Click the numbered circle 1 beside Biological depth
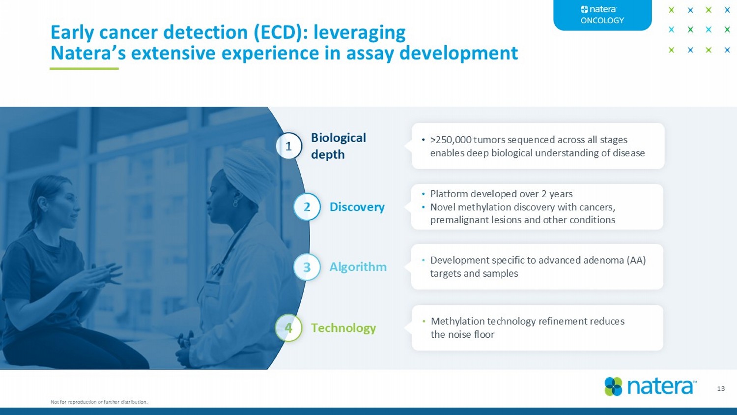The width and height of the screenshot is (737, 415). click(288, 146)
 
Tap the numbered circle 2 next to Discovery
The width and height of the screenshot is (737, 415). click(307, 207)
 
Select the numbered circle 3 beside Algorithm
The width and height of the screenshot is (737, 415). click(307, 267)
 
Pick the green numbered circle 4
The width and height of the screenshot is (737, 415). click(288, 327)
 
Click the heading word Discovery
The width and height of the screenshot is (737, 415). click(357, 207)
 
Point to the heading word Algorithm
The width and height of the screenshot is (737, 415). click(358, 267)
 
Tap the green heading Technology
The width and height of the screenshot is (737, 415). click(343, 328)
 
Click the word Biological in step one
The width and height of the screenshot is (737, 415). click(339, 138)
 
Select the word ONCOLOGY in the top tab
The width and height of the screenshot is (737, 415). click(602, 21)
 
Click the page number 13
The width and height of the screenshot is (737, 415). click(721, 388)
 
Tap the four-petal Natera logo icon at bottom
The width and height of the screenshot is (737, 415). click(613, 386)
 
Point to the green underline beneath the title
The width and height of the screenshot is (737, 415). click(84, 68)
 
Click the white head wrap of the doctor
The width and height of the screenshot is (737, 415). click(250, 173)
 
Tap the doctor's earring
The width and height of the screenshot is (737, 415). click(235, 202)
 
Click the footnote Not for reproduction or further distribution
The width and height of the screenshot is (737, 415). click(99, 402)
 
